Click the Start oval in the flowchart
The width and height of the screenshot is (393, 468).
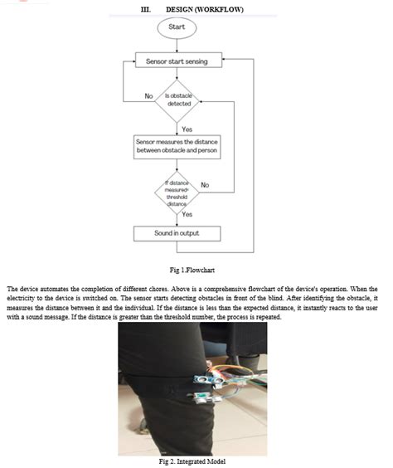pos(176,27)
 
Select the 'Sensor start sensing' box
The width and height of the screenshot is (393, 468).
pos(176,61)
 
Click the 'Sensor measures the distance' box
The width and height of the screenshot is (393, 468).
pos(176,147)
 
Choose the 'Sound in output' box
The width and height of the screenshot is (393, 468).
pos(176,232)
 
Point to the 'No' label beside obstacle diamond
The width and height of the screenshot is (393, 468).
pos(148,95)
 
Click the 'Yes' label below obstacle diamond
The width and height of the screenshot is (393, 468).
pos(187,129)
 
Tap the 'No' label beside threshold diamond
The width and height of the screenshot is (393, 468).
pos(205,184)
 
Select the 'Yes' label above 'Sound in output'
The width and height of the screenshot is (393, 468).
pos(187,214)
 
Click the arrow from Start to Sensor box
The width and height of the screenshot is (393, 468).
pos(176,46)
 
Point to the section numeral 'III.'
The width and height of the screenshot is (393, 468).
pos(147,9)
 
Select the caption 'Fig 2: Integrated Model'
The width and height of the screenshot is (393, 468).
pos(192,461)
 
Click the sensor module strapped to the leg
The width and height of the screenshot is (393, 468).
pos(205,383)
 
